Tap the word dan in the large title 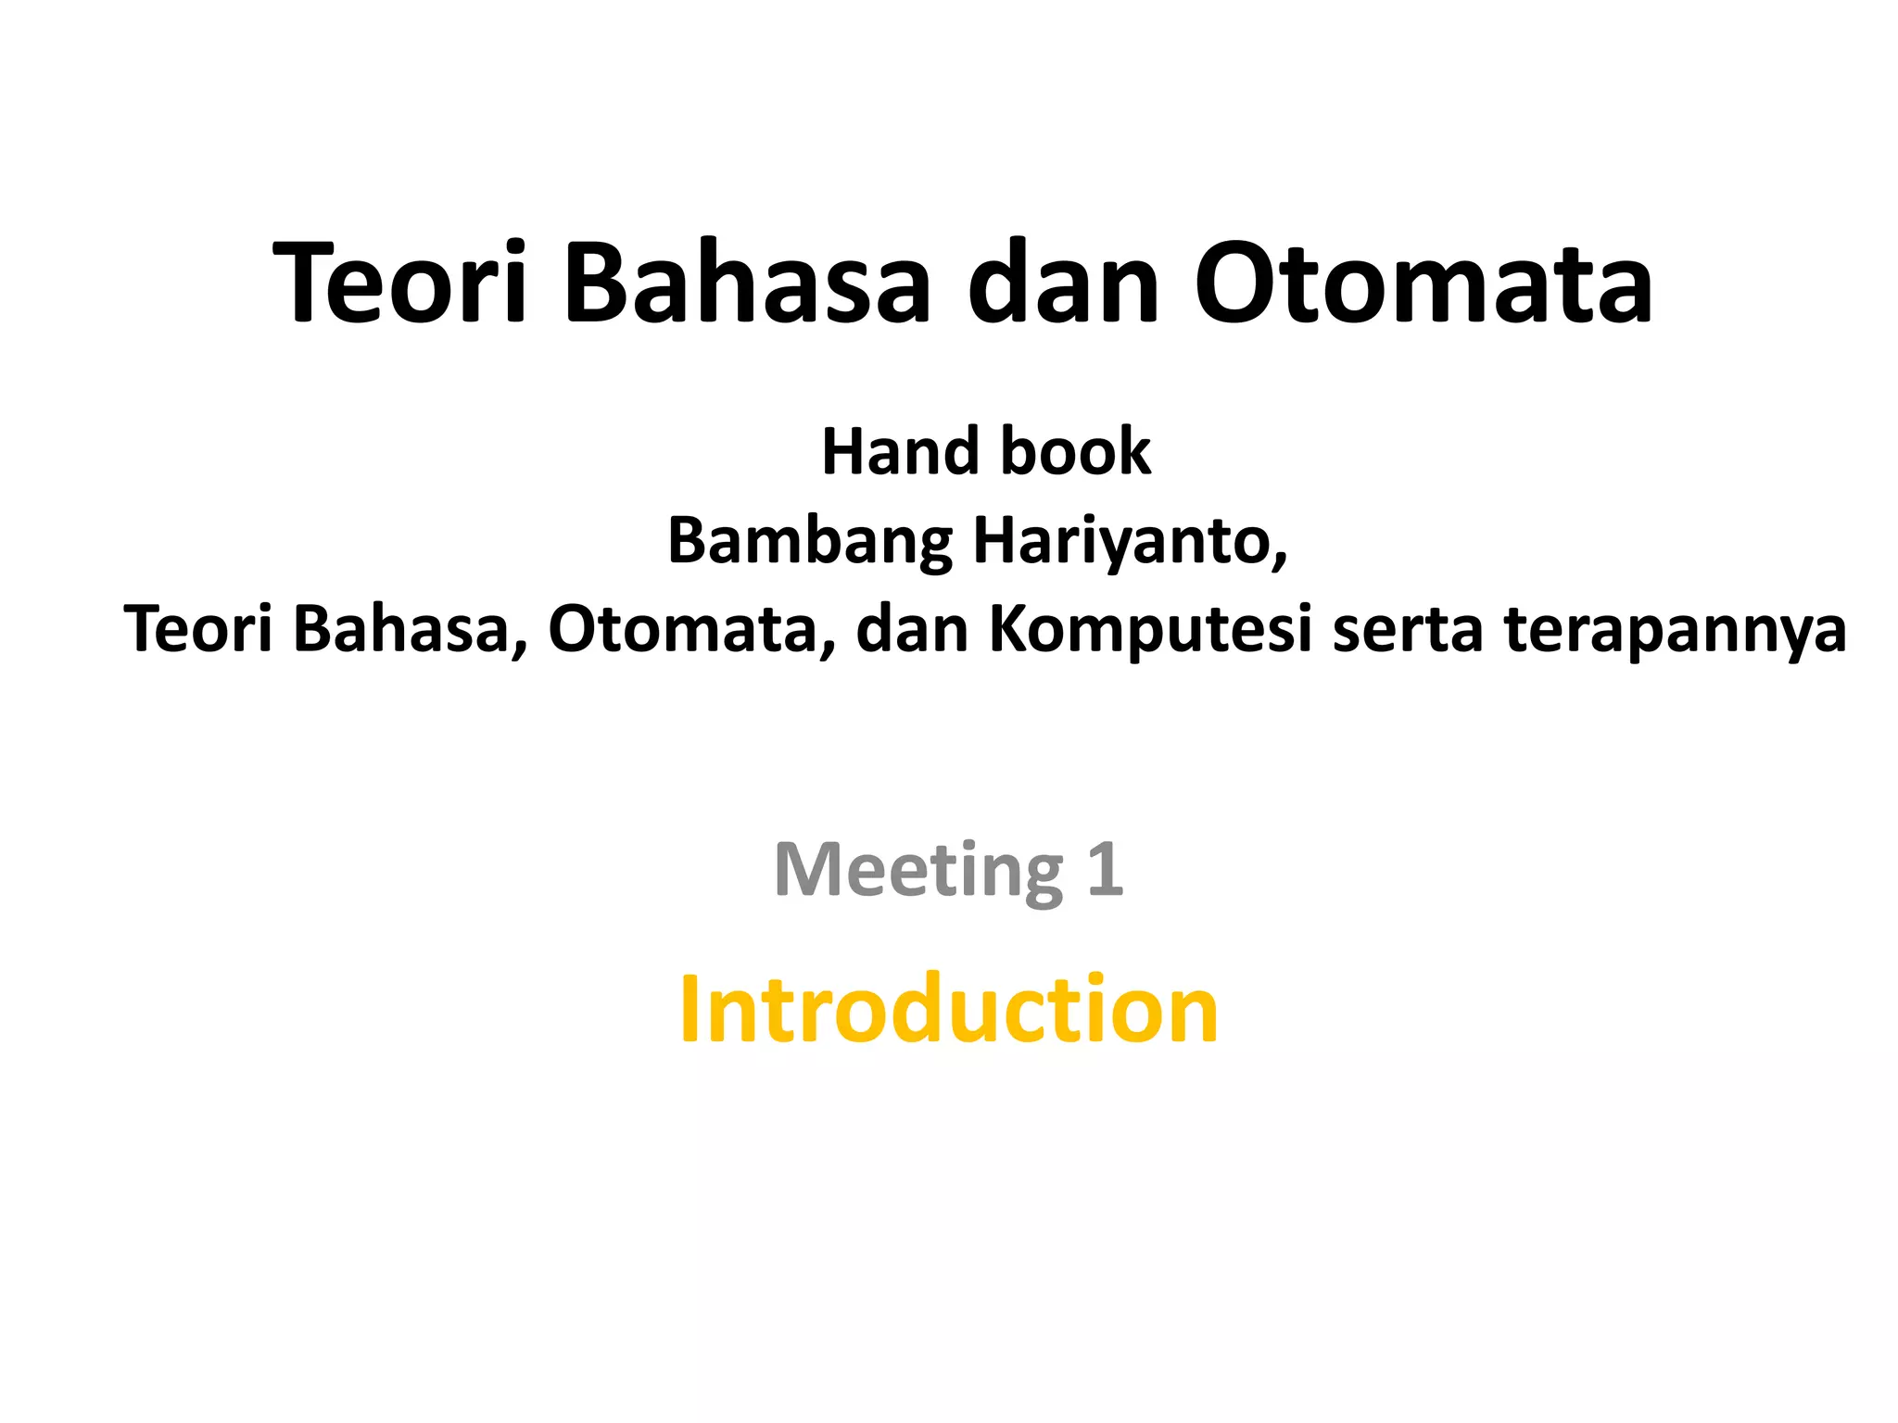(1063, 283)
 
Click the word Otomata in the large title (1423, 283)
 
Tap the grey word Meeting (917, 870)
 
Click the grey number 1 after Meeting (1105, 870)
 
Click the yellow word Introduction (948, 1010)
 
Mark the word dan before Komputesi (912, 629)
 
